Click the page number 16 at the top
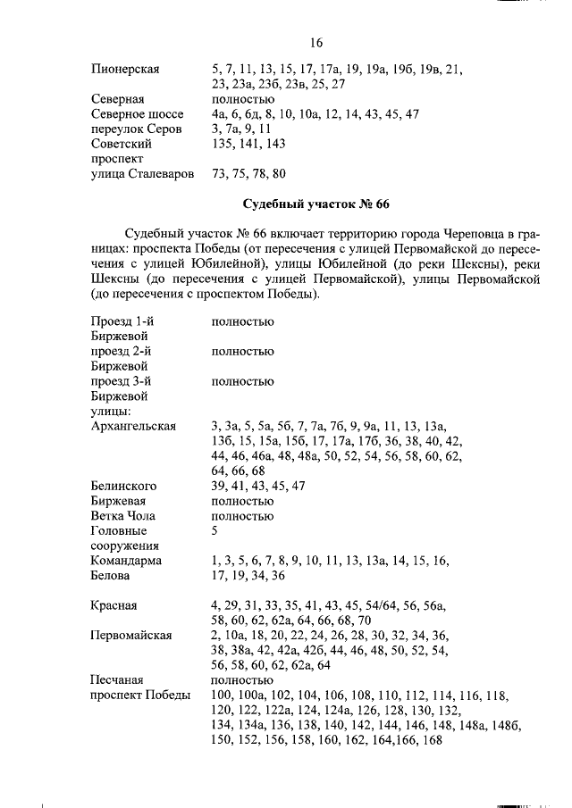click(315, 43)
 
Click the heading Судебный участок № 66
click(316, 204)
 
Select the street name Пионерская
click(125, 68)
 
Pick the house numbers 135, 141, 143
click(248, 144)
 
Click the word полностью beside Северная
click(242, 98)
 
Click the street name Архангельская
click(134, 426)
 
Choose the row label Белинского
click(124, 486)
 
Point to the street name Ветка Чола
click(123, 516)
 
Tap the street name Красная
click(114, 605)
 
